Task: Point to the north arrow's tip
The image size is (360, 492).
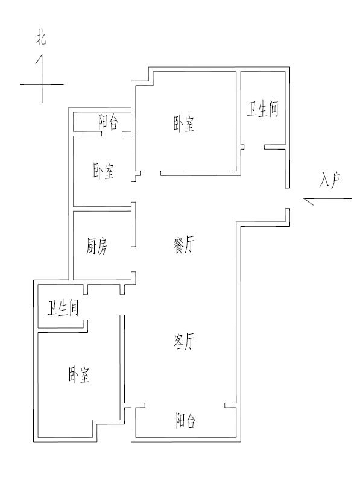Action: pos(42,54)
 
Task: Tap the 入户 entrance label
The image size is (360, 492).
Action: pos(330,180)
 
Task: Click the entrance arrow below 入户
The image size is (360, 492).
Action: pos(327,199)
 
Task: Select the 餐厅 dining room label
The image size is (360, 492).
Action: pos(184,245)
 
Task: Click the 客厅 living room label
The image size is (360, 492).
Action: pos(184,341)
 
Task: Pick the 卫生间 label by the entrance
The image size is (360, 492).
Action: pos(263,109)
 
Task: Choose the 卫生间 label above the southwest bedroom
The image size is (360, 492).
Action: pos(63,307)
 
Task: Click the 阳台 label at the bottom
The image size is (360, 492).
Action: pos(186,421)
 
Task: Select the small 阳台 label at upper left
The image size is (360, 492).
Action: pos(109,122)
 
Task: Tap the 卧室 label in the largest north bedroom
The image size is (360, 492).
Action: pos(184,124)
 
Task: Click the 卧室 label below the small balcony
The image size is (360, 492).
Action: pos(104,171)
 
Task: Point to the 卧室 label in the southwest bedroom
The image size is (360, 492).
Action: pos(79,374)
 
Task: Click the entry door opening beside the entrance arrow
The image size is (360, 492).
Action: pos(287,198)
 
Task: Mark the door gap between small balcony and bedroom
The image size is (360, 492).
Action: pos(112,134)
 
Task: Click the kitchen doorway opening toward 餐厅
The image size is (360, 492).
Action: pos(133,259)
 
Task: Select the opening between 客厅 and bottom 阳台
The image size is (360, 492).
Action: pos(185,405)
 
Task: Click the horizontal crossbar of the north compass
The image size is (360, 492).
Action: pos(42,84)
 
